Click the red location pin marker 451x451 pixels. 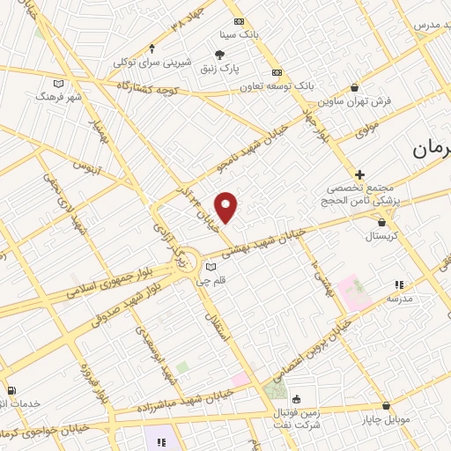tap(226, 207)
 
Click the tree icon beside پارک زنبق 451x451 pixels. tap(220, 55)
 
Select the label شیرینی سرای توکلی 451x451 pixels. tap(152, 62)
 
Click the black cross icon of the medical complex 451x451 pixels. tap(360, 175)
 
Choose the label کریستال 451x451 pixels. tap(381, 236)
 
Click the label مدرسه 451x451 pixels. tap(399, 298)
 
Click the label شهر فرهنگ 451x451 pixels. tap(59, 95)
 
